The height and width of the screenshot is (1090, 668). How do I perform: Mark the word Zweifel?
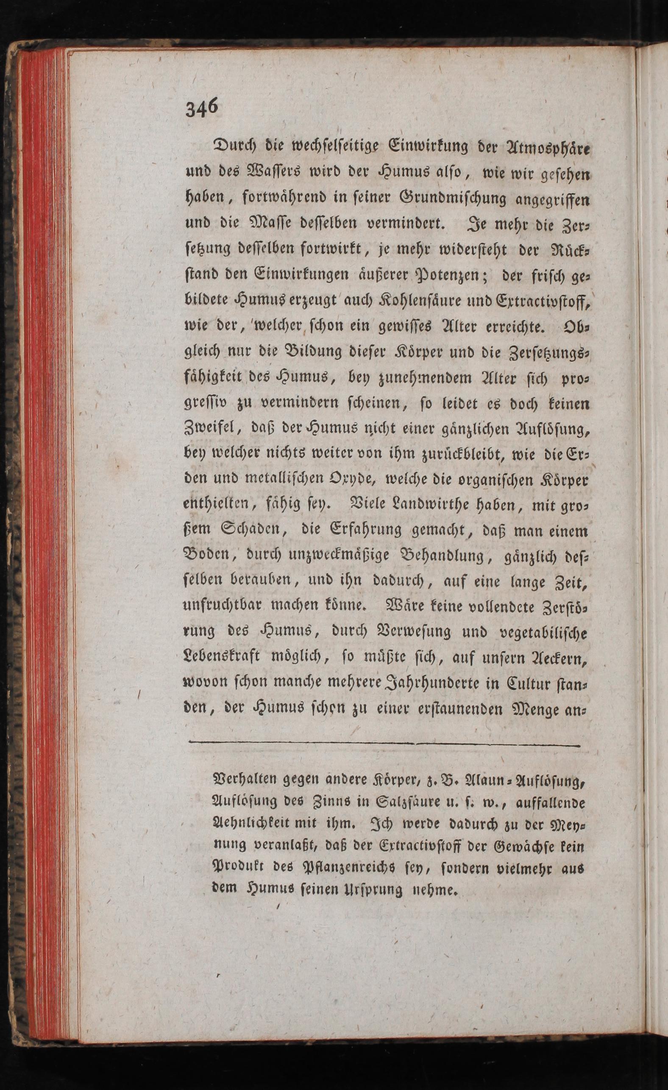coord(212,429)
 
